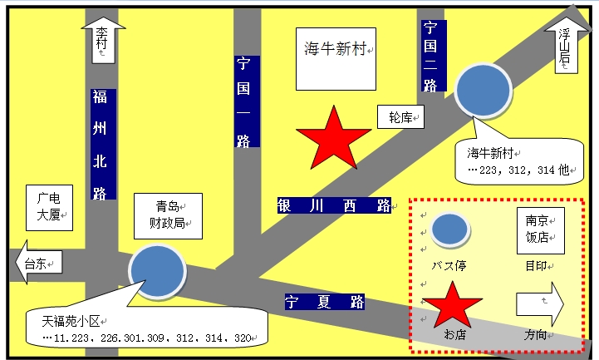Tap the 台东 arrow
(x=38, y=262)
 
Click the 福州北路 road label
(x=103, y=144)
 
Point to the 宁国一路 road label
(x=247, y=101)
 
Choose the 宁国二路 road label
(x=434, y=56)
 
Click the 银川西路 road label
(x=334, y=205)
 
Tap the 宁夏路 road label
(x=325, y=302)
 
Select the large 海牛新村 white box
(x=336, y=59)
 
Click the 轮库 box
(x=400, y=117)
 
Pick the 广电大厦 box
(x=49, y=208)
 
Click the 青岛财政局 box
(x=168, y=216)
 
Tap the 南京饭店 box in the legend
(x=541, y=230)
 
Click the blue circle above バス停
(x=450, y=229)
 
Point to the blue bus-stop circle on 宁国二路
(x=483, y=90)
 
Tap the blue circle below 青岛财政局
(x=157, y=270)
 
